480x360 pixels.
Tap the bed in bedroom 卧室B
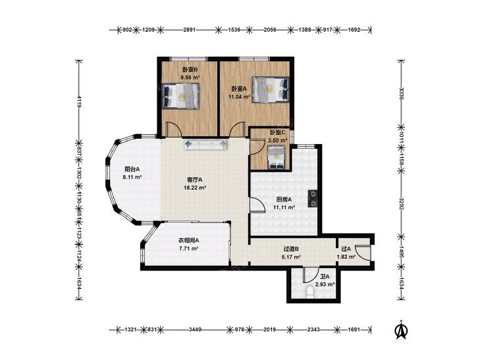(x=180, y=95)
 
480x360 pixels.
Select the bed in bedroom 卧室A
(x=271, y=90)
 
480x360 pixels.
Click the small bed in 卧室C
(x=277, y=157)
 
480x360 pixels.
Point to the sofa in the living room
(x=205, y=145)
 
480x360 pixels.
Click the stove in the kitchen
(x=313, y=199)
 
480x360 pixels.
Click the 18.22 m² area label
(x=195, y=188)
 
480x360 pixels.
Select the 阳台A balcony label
(x=132, y=169)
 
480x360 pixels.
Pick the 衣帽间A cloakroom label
(x=188, y=240)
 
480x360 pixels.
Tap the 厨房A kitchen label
(x=284, y=199)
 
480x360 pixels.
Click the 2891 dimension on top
(x=189, y=30)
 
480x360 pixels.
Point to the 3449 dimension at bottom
(x=195, y=330)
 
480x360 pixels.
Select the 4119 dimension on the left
(x=79, y=102)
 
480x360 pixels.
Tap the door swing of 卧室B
(x=174, y=129)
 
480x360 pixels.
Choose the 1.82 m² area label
(x=346, y=257)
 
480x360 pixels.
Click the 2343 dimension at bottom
(x=314, y=330)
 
